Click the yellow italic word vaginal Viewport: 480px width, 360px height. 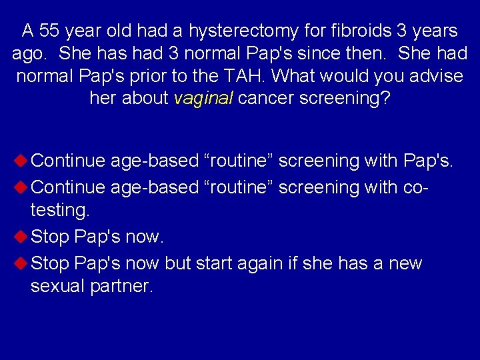pos(203,99)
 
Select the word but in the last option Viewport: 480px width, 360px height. pos(178,263)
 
